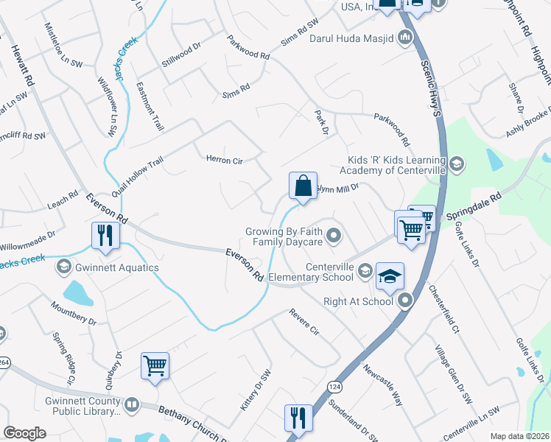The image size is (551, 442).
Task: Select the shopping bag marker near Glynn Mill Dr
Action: (x=303, y=187)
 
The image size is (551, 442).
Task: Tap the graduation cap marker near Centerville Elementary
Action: (x=390, y=277)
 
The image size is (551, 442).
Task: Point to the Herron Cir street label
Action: (x=223, y=158)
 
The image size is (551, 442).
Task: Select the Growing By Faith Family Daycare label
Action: (x=284, y=236)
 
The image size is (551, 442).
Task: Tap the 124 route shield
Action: (x=336, y=386)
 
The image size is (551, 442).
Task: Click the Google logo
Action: (x=24, y=433)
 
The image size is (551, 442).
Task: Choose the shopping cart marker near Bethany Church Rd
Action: (x=155, y=366)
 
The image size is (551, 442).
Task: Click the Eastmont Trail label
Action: (x=150, y=107)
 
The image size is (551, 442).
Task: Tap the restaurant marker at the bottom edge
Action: (x=298, y=418)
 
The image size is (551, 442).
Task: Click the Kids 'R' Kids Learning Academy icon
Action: (x=456, y=163)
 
